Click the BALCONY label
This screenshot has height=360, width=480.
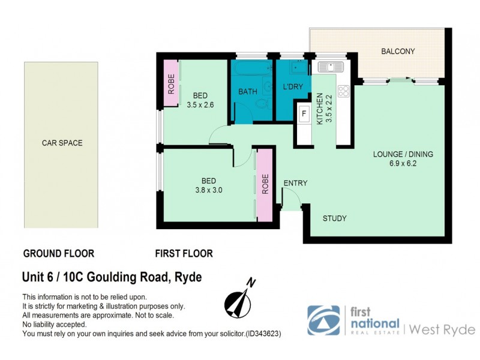point(398,52)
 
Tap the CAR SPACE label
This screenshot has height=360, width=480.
point(62,143)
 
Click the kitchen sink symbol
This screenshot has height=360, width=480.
point(329,66)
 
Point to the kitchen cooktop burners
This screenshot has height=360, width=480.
point(344,92)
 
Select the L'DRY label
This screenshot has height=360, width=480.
point(293,87)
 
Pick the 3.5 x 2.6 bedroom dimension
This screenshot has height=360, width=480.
point(200,104)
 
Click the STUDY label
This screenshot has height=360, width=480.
point(335,218)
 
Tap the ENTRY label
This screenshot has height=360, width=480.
point(295,184)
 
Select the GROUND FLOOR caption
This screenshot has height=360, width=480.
point(58,254)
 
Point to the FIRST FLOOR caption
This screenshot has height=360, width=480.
point(184,254)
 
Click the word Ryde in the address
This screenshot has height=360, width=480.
point(188,277)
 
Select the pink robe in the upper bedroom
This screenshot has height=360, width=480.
point(171,83)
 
